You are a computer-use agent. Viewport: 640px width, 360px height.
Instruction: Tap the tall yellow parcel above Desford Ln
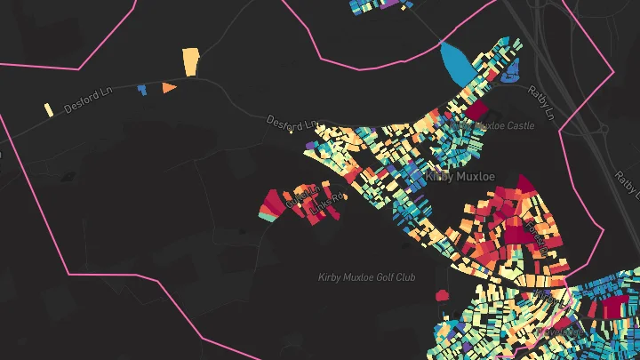(190, 61)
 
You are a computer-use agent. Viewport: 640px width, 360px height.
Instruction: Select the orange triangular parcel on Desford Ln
(168, 88)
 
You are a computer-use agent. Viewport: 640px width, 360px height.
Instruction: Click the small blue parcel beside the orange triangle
(141, 90)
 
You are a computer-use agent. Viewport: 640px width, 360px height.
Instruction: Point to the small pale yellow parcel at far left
(49, 109)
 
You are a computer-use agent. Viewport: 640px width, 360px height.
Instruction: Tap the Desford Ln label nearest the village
(292, 122)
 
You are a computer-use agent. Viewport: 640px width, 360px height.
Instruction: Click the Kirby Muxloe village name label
(460, 176)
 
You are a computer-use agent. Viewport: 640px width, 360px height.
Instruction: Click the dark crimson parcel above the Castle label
(477, 110)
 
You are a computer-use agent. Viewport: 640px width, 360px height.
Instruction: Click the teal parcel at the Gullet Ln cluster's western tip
(265, 212)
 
